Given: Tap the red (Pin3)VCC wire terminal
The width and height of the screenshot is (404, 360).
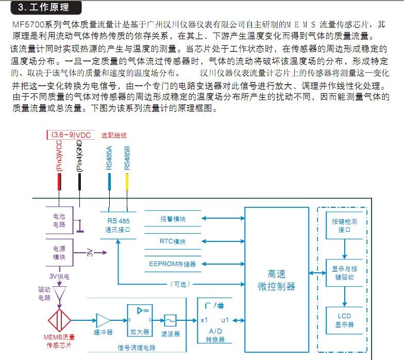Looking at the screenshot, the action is (x=59, y=182).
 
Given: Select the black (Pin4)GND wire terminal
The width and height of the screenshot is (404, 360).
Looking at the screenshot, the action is (x=79, y=182).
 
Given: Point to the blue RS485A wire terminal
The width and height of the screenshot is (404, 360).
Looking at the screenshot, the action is (x=109, y=182).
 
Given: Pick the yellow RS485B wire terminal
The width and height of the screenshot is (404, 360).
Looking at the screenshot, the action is (x=127, y=182).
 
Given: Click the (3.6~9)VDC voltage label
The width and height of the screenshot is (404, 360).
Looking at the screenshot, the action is (x=71, y=135).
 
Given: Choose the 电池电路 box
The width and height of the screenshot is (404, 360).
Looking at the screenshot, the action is (x=60, y=220).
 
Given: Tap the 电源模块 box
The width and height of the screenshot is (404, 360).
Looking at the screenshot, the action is (x=60, y=253).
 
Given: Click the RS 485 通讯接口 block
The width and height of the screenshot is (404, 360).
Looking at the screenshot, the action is (x=119, y=225).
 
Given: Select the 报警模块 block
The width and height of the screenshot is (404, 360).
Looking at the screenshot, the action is (x=173, y=219).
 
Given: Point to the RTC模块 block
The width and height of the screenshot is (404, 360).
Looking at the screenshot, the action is (x=173, y=241).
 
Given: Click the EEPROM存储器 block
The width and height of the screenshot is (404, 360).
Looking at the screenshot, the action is (x=173, y=264).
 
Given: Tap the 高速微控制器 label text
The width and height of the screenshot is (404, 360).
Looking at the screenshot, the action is (x=276, y=280).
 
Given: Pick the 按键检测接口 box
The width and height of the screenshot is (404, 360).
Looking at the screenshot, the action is (x=344, y=225).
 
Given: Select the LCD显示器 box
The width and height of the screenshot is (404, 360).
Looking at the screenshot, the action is (x=344, y=320).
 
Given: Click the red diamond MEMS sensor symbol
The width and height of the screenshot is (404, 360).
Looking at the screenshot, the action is (x=60, y=320).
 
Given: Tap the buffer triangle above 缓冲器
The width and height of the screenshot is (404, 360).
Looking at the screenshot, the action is (x=103, y=321).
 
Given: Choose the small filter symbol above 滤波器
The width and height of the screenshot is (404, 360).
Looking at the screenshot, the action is (x=170, y=321).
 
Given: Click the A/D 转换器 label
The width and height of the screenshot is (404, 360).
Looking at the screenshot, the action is (x=215, y=335).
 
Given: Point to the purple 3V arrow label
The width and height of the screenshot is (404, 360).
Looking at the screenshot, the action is (x=90, y=252).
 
